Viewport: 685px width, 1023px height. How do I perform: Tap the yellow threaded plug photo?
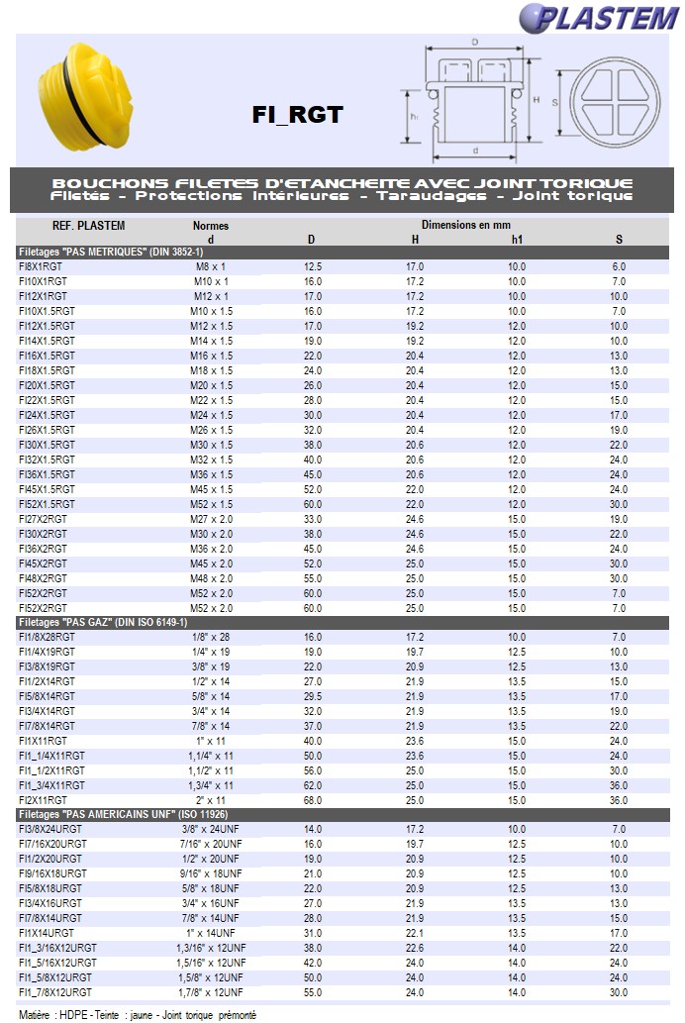pyautogui.click(x=84, y=95)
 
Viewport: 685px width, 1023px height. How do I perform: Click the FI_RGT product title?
pyautogui.click(x=297, y=115)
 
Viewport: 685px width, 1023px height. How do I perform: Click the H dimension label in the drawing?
pyautogui.click(x=536, y=100)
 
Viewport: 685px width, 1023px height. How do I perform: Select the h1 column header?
pyautogui.click(x=517, y=239)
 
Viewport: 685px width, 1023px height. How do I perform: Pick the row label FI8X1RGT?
pyautogui.click(x=43, y=266)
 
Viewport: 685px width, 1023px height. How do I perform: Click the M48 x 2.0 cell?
pyautogui.click(x=212, y=578)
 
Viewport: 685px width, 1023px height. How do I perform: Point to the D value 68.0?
pyautogui.click(x=313, y=800)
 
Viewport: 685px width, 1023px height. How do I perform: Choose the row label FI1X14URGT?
pyautogui.click(x=47, y=933)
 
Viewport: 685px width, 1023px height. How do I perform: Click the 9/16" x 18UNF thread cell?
pyautogui.click(x=212, y=873)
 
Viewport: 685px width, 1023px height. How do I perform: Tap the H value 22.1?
pyautogui.click(x=415, y=933)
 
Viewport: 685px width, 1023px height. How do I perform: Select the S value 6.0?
pyautogui.click(x=619, y=266)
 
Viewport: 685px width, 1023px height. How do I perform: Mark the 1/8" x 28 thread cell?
pyautogui.click(x=212, y=637)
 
